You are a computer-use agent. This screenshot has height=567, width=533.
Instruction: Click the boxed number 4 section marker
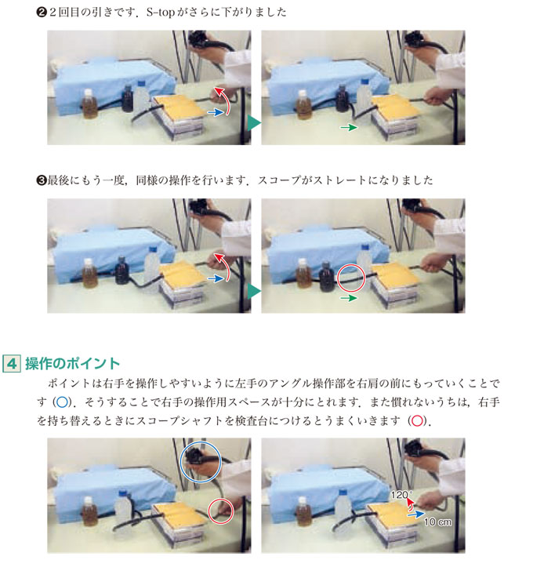click(12, 363)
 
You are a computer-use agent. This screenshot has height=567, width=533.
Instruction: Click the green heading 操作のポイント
click(72, 363)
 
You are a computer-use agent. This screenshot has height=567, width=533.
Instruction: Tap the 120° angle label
click(401, 494)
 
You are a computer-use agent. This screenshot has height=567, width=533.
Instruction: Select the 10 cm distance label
click(437, 522)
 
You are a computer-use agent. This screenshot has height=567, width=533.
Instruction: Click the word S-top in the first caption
click(161, 13)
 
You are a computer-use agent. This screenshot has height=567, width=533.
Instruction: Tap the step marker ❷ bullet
click(42, 13)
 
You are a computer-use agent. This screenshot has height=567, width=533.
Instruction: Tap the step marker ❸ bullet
click(42, 180)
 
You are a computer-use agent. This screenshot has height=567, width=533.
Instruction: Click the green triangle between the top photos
click(254, 122)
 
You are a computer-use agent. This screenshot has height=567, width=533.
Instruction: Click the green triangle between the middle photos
click(254, 291)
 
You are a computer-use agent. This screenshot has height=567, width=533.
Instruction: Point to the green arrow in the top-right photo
click(349, 127)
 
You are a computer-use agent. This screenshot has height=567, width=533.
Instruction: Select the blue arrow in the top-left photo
click(216, 112)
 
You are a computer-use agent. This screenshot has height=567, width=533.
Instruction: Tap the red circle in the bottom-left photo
click(208, 511)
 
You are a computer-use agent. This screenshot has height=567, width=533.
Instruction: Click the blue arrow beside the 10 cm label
click(416, 514)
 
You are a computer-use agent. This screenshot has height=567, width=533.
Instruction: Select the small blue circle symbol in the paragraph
click(62, 402)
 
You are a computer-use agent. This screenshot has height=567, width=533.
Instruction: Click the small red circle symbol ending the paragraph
click(417, 420)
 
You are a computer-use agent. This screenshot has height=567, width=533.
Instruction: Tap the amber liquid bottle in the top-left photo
click(89, 104)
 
